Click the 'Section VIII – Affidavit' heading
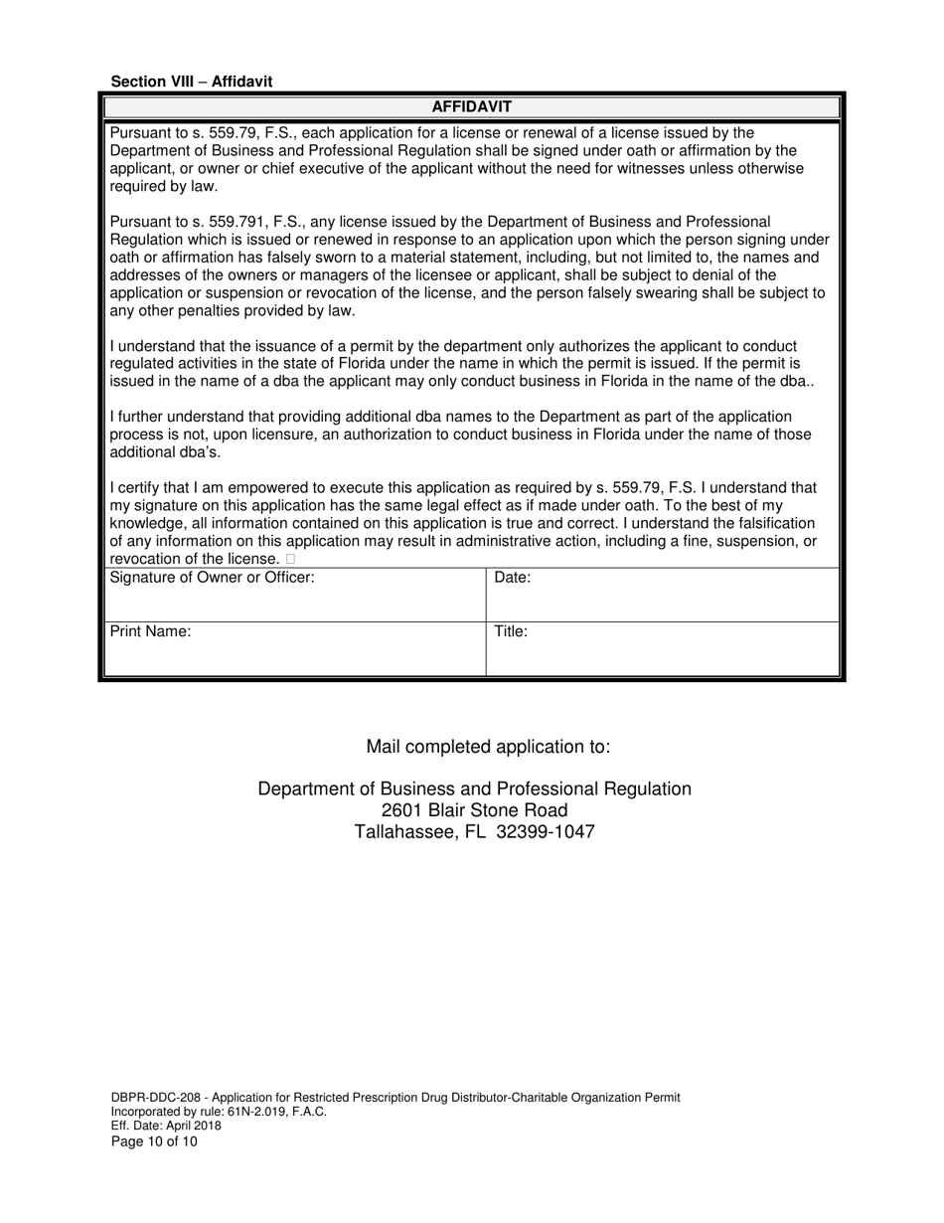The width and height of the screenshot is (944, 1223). pos(191,82)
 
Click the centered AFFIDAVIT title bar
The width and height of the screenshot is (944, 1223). pos(472,106)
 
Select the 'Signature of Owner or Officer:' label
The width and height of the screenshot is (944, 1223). pos(212,577)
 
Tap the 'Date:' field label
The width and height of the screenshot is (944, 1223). pos(512,577)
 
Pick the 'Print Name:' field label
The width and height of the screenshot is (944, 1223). pos(150,631)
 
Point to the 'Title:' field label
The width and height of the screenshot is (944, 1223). pos(511,631)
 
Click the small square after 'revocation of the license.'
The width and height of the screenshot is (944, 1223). pos(290,560)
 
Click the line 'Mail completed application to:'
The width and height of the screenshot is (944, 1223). pos(488,747)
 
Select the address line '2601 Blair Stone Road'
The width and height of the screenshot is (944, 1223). pos(474,810)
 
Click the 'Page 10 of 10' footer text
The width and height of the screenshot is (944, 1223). pos(154,1141)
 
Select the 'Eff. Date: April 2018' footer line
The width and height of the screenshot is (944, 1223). pos(166,1127)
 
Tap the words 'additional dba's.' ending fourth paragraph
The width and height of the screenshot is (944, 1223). pos(165,452)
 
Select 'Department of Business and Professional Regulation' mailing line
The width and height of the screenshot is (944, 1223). pos(474,788)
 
